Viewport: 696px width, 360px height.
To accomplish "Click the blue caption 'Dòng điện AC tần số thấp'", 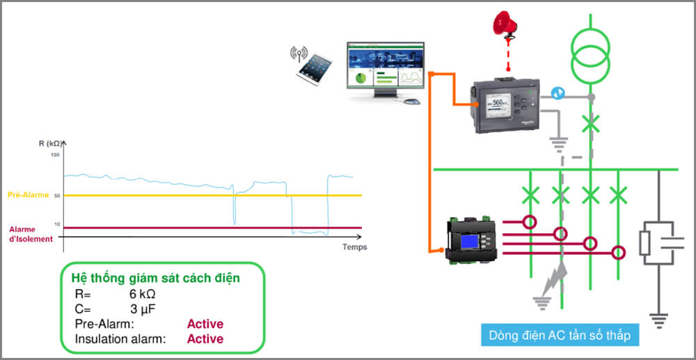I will coord(560,335).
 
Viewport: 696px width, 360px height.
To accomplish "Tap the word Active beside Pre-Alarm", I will coord(205,324).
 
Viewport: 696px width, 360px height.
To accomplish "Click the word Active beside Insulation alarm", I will coord(205,339).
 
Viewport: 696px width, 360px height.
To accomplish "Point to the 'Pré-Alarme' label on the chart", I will coord(28,196).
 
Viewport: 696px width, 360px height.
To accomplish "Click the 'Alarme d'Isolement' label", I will coord(31,234).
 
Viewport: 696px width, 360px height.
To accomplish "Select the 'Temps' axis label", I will coord(354,247).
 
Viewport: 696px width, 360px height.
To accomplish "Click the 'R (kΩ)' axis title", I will coord(50,143).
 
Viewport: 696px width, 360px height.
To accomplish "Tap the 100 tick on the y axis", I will coord(56,154).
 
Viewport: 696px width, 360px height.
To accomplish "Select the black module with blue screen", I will coord(473,240).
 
